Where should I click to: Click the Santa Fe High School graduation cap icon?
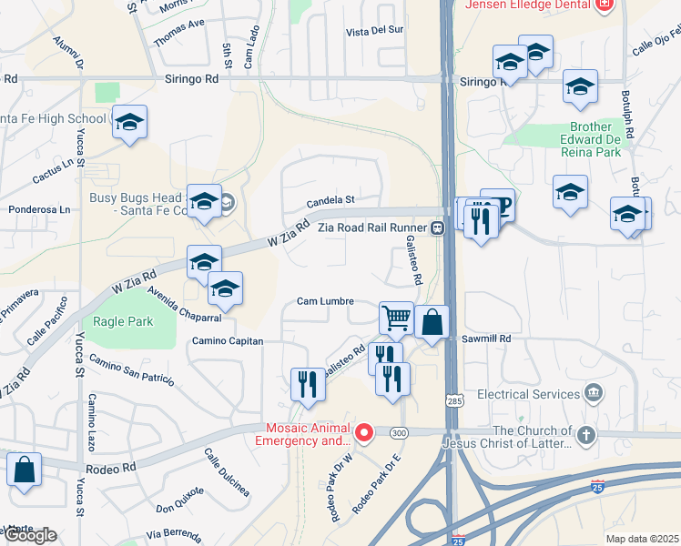coord(130,122)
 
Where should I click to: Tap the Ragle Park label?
coord(118,321)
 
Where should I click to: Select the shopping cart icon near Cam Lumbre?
coord(396,318)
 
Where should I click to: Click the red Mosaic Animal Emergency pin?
coord(364,432)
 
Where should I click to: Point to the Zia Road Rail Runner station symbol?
coord(438,227)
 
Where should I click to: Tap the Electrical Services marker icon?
coord(594,394)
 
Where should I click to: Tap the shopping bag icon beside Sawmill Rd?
coord(432,321)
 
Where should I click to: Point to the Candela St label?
coord(330,199)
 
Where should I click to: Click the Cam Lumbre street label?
coord(325,301)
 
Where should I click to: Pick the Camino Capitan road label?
coord(227,341)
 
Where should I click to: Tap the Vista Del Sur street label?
coord(374,31)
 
